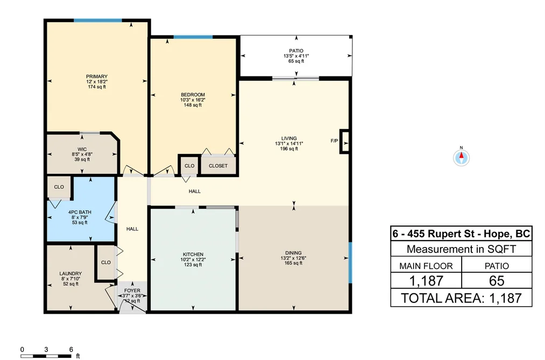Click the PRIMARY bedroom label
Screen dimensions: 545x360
click(97, 76)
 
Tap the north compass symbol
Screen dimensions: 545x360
click(461, 158)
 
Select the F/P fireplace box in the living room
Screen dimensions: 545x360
click(344, 141)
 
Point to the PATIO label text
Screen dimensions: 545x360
click(296, 51)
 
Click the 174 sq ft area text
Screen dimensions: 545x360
click(97, 87)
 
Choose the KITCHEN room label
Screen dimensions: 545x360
click(193, 255)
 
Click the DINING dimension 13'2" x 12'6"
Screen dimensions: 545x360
click(293, 258)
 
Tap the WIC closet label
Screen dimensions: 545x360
click(82, 150)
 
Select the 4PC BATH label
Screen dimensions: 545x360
click(80, 213)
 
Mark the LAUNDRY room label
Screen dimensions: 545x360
click(70, 273)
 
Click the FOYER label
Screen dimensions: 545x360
click(132, 291)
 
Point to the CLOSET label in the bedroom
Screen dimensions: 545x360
click(218, 166)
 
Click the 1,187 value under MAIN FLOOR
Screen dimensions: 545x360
click(426, 280)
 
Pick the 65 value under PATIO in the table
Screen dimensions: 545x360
click(497, 280)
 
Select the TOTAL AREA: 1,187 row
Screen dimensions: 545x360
click(461, 298)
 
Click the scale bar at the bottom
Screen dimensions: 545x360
click(46, 356)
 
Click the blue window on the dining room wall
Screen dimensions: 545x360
click(350, 263)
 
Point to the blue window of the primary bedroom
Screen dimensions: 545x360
click(98, 20)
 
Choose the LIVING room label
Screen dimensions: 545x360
click(289, 138)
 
